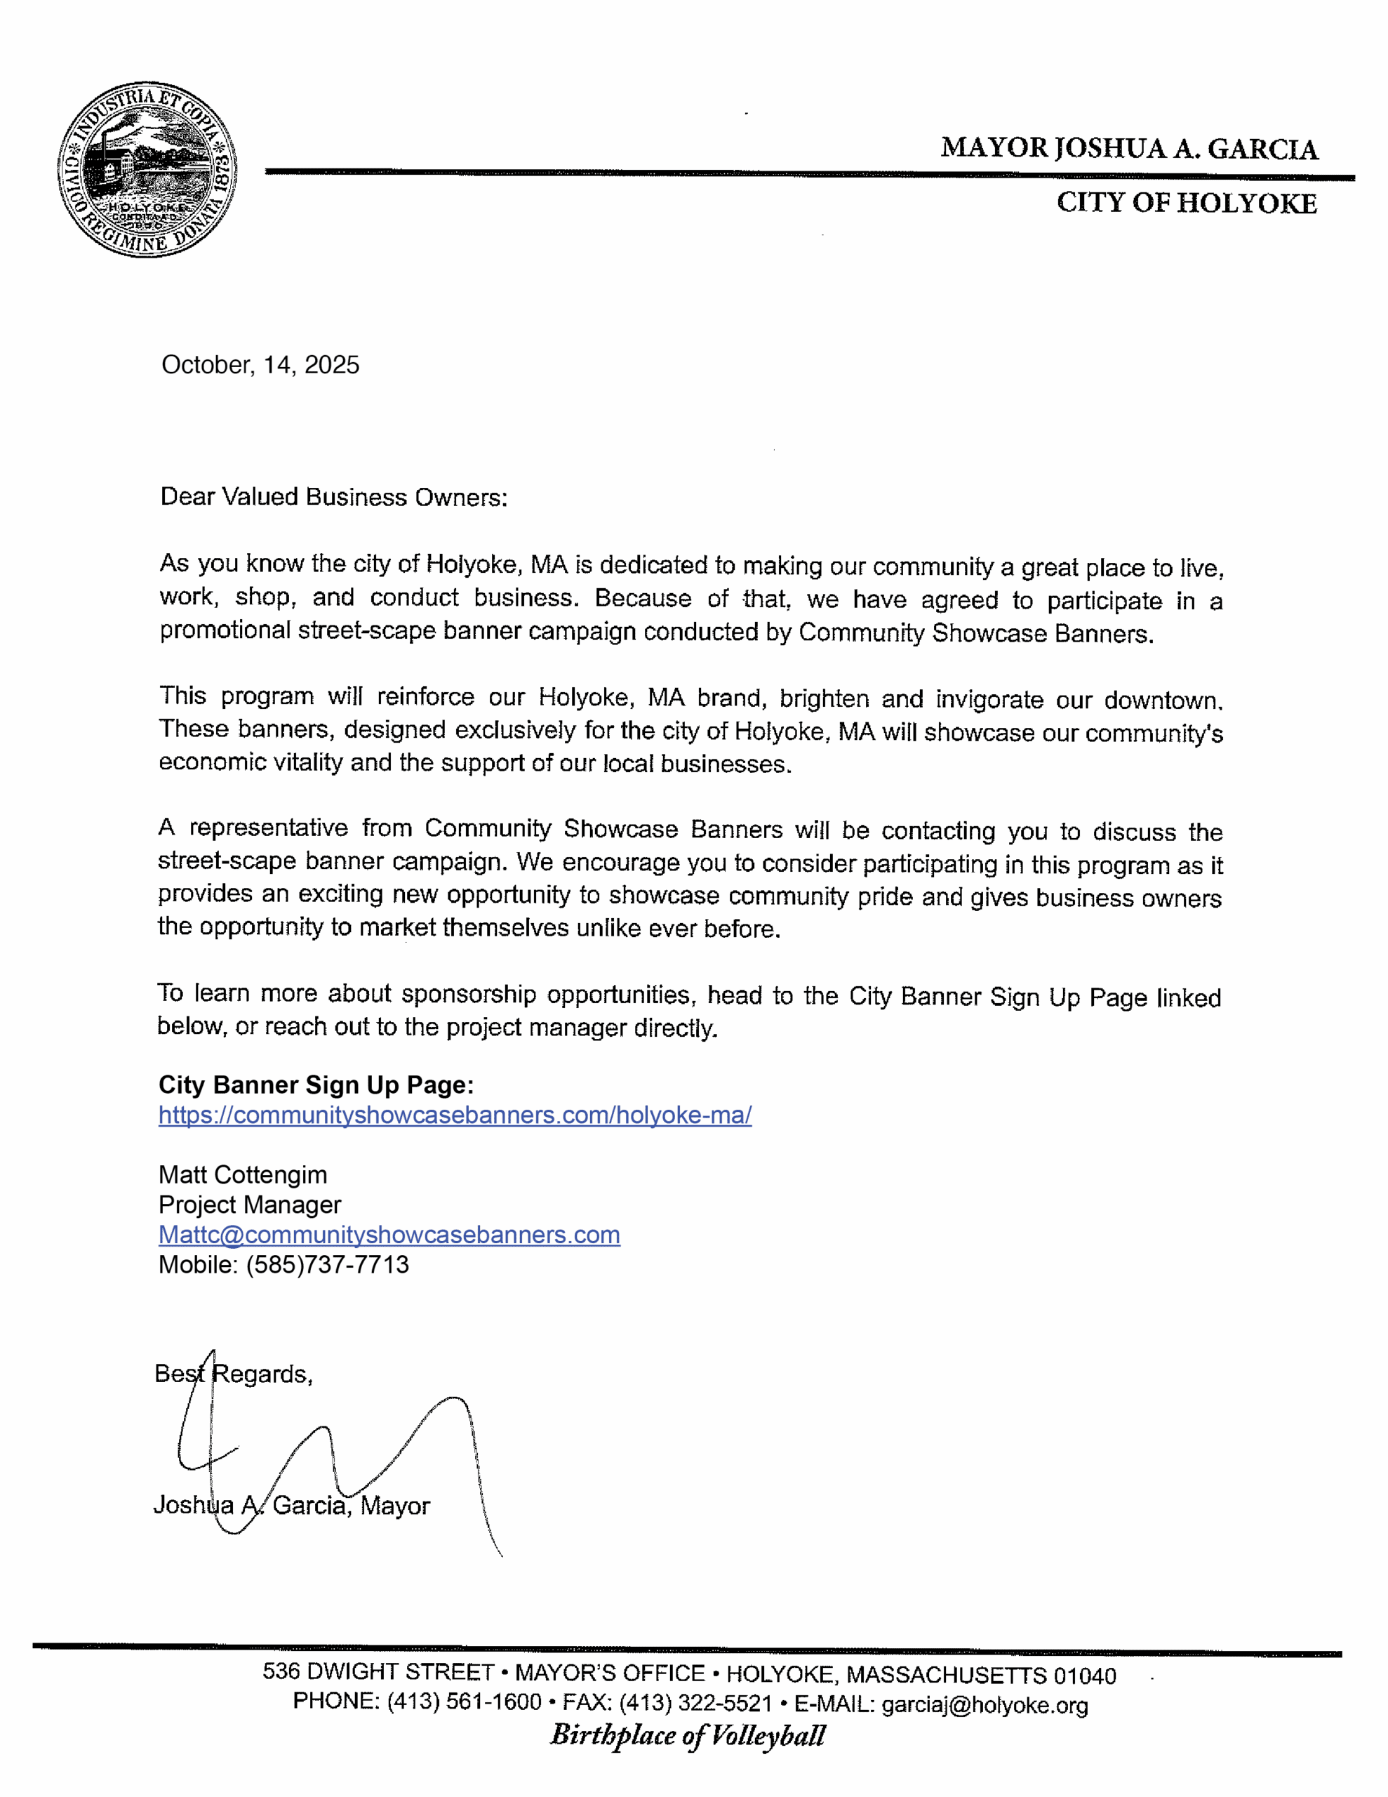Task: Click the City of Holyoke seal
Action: coord(147,169)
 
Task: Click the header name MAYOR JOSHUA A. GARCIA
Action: coord(1129,149)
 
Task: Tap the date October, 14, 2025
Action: coord(260,365)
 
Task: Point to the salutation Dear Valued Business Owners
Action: coord(333,497)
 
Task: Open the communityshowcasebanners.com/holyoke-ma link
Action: coord(455,1115)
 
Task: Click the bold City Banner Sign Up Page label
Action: coord(316,1085)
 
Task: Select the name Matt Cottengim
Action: coord(243,1175)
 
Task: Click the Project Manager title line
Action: coord(249,1205)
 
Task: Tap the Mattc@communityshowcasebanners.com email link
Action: coord(389,1235)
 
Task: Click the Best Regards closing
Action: coord(233,1374)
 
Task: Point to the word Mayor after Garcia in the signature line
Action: coord(395,1506)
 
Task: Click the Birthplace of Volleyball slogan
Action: coord(687,1735)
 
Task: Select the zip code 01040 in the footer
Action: coord(1084,1676)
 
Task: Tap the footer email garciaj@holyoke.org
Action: coord(985,1705)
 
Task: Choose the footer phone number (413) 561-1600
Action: coord(464,1702)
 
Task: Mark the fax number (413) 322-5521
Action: coord(695,1702)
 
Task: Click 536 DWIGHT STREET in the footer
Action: coord(378,1672)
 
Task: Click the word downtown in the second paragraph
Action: coord(1163,701)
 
